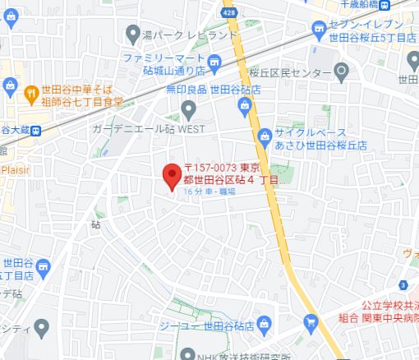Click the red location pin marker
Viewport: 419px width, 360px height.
pos(171,175)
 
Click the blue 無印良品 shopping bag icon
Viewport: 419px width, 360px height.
pos(244,104)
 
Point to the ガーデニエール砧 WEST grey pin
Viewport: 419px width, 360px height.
pos(189,108)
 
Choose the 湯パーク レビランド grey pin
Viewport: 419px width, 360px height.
pos(132,34)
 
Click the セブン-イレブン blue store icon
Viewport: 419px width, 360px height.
pos(317,31)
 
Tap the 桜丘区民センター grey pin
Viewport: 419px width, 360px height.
pos(343,74)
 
